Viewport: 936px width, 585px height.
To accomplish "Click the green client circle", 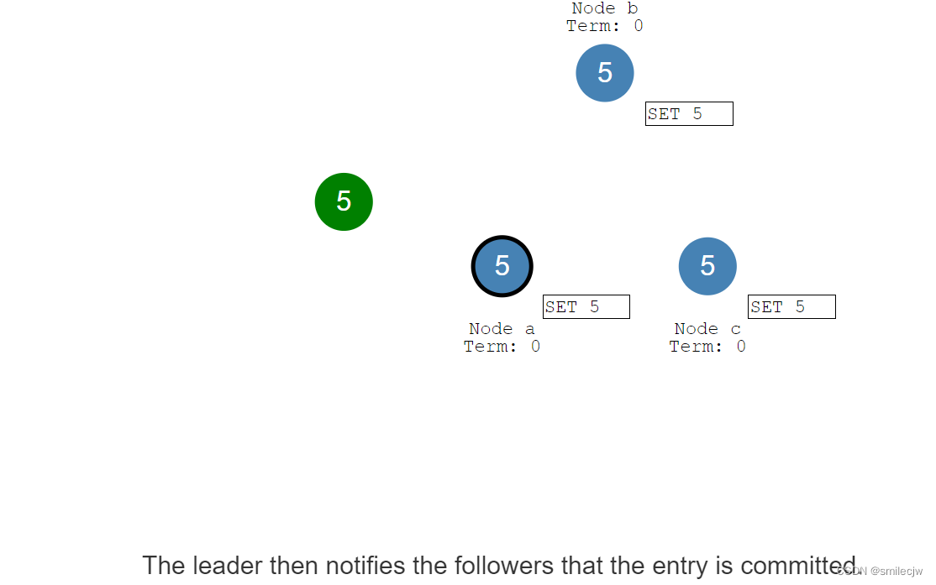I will tap(344, 201).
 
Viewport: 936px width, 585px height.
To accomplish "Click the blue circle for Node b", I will tap(605, 73).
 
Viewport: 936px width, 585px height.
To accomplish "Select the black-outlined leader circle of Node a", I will tap(502, 266).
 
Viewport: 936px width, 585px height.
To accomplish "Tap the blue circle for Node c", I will tap(707, 266).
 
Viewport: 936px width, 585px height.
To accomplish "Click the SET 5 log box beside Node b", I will tap(689, 114).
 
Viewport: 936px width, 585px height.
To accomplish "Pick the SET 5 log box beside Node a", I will tap(586, 307).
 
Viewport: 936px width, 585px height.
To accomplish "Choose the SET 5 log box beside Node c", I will tap(791, 307).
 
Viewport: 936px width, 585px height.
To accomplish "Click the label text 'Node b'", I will tap(605, 8).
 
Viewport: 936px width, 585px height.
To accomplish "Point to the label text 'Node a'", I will tap(502, 329).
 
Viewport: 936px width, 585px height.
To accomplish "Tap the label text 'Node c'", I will tap(707, 329).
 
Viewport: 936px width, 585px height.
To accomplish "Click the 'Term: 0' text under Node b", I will tap(605, 26).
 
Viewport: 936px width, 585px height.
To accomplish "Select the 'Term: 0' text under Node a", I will tap(502, 347).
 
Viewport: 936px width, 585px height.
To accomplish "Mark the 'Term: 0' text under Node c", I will tap(707, 347).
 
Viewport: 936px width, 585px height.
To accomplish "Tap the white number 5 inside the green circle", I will tap(344, 201).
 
